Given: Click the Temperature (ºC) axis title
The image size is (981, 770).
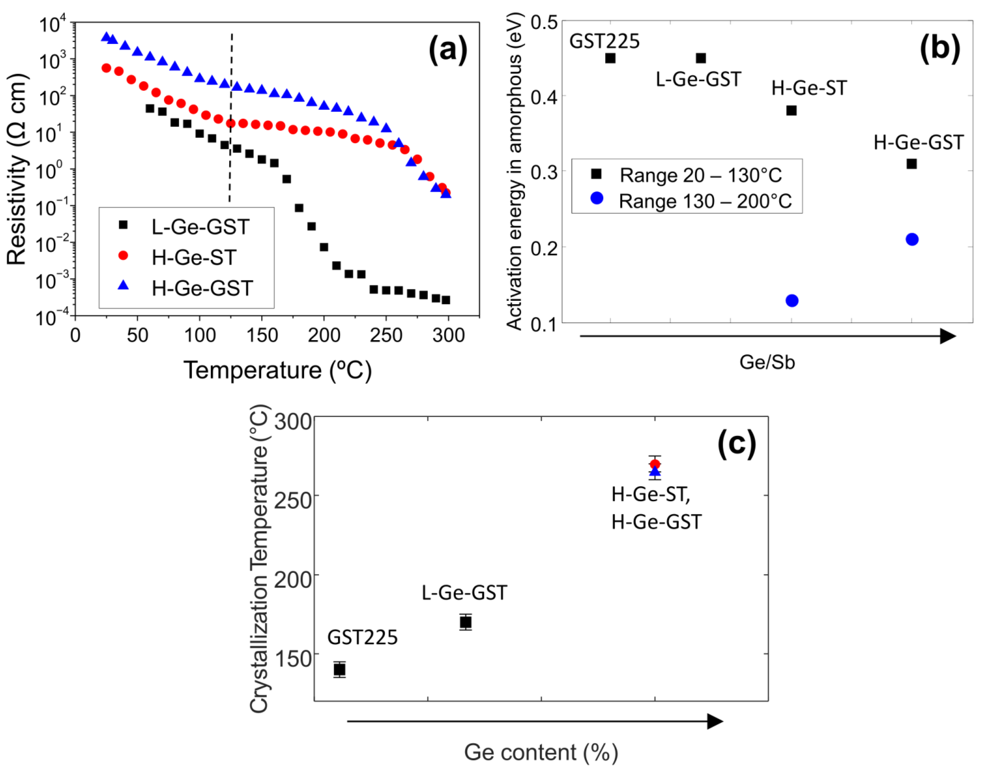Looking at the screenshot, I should pos(277,371).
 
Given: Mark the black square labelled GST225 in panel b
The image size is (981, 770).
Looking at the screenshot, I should pos(610,58).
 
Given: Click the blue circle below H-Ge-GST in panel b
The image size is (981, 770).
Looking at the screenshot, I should pos(911,239).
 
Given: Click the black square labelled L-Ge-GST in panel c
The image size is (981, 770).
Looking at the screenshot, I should pos(465,622).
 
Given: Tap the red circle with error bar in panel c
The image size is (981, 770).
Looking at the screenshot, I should pos(654,464).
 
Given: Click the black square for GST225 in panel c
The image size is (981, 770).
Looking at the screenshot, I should pos(339,670).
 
